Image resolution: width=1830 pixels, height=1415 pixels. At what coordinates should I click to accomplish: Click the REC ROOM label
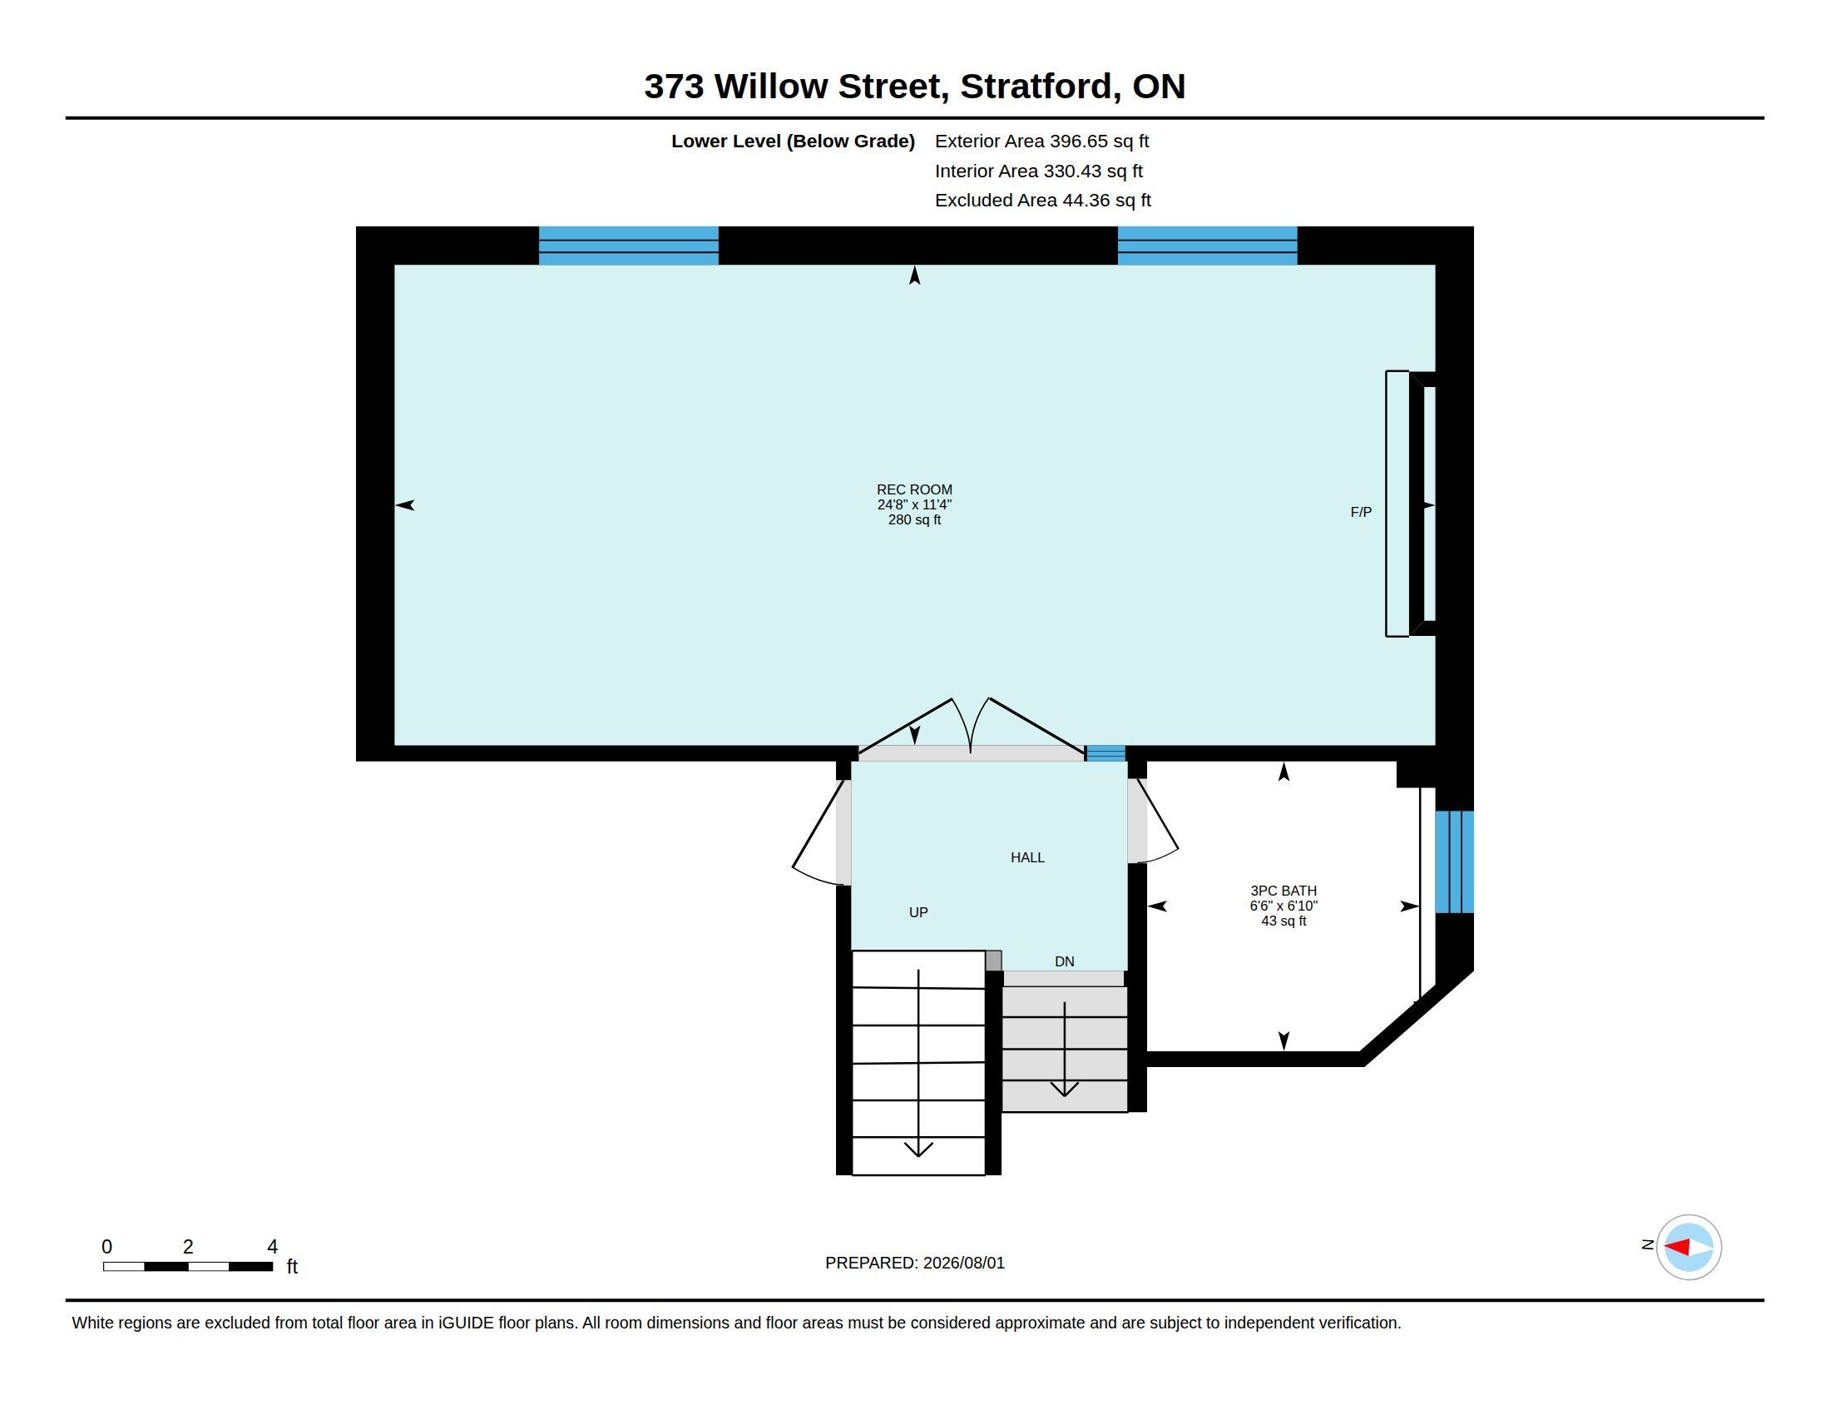click(x=914, y=489)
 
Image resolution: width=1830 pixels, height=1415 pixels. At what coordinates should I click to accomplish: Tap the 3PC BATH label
click(x=1283, y=891)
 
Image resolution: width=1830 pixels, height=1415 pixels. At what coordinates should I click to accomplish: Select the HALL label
click(x=1027, y=856)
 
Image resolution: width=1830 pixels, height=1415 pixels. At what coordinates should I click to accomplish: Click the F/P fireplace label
click(x=1361, y=511)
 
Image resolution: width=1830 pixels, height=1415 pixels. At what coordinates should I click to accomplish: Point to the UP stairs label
click(x=918, y=912)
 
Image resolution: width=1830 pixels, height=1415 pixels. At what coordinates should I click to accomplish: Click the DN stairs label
click(x=1064, y=961)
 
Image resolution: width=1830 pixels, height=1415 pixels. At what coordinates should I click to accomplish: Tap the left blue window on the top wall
click(x=628, y=246)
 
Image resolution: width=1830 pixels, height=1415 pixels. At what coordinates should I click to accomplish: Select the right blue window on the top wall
click(x=1208, y=246)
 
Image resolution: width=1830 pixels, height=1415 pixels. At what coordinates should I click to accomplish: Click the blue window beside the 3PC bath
click(x=1455, y=861)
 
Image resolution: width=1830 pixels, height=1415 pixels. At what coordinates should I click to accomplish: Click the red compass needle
click(x=1676, y=1247)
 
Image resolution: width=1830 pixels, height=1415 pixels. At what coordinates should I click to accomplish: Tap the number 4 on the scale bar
click(x=272, y=1247)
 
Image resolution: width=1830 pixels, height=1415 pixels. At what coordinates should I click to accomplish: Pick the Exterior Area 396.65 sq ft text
click(x=1041, y=141)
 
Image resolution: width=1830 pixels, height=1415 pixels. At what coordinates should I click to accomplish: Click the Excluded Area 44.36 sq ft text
click(x=1042, y=201)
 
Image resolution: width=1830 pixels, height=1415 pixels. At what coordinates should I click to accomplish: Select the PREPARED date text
click(x=915, y=1263)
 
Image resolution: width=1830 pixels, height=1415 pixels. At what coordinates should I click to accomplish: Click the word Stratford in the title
click(x=1037, y=87)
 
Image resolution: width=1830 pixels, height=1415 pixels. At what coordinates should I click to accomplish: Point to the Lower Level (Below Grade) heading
click(x=793, y=141)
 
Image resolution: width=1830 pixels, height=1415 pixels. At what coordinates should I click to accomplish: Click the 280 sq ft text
click(x=914, y=519)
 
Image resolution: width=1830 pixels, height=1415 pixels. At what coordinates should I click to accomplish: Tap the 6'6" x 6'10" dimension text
click(x=1283, y=906)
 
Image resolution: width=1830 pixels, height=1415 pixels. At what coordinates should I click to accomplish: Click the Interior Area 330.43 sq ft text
click(x=1038, y=171)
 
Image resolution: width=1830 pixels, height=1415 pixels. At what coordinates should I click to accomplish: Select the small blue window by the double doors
click(x=1105, y=753)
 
